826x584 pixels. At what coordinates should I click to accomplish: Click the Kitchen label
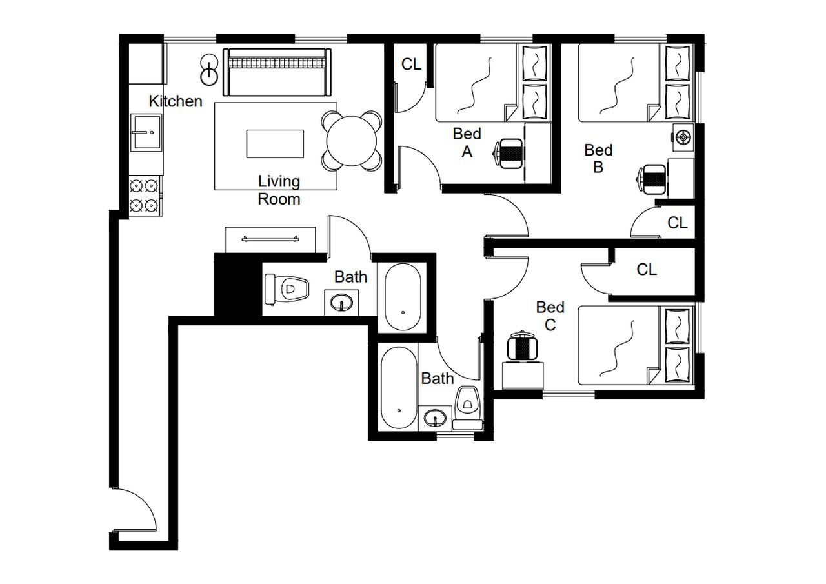coord(175,101)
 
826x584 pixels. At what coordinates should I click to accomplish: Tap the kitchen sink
coord(146,132)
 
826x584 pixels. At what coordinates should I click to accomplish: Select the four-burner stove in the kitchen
coord(145,196)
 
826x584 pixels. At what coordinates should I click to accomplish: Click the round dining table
coord(352,141)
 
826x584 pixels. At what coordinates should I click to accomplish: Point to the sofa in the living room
coord(276,71)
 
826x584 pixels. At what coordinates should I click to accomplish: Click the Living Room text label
coord(279,190)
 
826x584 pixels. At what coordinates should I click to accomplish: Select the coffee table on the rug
coord(275,143)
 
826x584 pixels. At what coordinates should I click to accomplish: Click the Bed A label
coord(467,143)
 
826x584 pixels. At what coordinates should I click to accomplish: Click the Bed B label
coord(598,158)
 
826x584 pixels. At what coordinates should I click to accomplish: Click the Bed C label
coord(550,316)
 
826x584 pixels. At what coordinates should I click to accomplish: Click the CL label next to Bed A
coord(411,65)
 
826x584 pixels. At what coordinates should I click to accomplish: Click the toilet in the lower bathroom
coord(466,401)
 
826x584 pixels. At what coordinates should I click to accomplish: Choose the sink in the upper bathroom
coord(343,301)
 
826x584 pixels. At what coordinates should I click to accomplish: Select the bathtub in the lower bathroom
coord(398,387)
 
